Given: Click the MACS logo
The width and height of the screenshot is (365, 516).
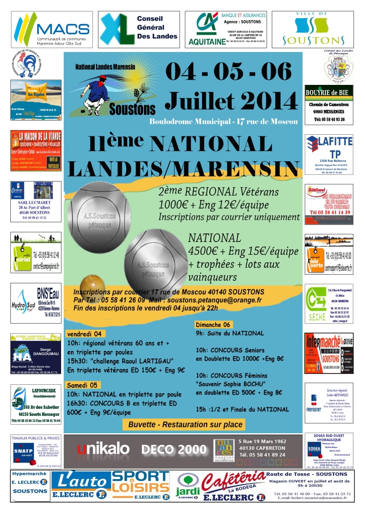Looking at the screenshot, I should tap(51, 29).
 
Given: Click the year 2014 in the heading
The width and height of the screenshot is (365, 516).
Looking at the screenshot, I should tap(263, 101).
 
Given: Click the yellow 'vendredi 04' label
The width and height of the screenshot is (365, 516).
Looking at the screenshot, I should tap(85, 334).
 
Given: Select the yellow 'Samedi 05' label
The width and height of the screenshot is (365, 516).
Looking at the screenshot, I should tap(83, 385).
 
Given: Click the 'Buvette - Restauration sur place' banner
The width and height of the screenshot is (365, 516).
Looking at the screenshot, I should tap(186, 425).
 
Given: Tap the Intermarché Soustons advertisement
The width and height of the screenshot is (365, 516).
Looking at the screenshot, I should tap(329, 353).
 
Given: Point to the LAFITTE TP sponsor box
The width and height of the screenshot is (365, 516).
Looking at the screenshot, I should tap(329, 154).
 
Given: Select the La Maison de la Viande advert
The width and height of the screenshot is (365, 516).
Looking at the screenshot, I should tap(36, 151).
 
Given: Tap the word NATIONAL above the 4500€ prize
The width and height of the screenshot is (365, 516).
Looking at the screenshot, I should tap(215, 238).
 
